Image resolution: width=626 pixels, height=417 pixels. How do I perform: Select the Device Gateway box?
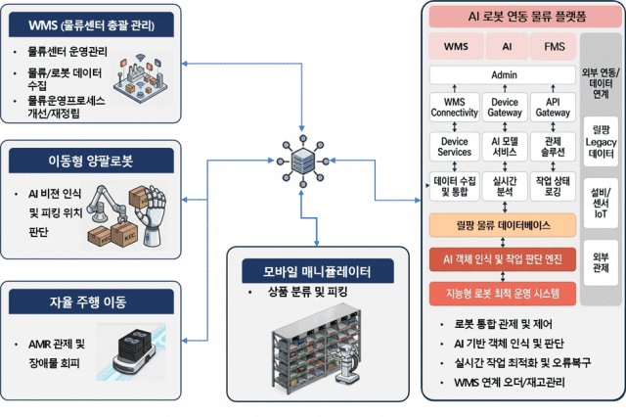click(x=505, y=107)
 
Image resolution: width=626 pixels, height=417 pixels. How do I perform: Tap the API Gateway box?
click(x=553, y=107)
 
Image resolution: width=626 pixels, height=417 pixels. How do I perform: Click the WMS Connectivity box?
click(x=454, y=107)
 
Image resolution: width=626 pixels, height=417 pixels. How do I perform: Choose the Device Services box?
click(x=454, y=147)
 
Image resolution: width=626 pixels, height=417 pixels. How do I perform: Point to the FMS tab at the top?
click(x=554, y=46)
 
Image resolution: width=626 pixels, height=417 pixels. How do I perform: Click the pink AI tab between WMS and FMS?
click(x=507, y=46)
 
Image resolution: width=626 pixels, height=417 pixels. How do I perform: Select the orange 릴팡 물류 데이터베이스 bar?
click(x=503, y=225)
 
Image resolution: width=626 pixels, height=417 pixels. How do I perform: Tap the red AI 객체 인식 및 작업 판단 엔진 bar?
click(x=503, y=259)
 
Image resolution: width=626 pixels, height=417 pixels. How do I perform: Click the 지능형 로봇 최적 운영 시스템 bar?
click(x=503, y=294)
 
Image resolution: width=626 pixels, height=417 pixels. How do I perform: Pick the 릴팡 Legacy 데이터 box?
click(x=601, y=141)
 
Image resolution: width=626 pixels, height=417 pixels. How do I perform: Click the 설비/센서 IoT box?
click(x=601, y=203)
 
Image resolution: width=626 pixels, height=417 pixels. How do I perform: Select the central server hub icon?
click(x=303, y=161)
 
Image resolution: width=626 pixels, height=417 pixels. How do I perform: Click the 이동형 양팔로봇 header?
click(x=91, y=161)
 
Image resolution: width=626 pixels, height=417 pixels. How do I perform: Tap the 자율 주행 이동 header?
click(x=91, y=301)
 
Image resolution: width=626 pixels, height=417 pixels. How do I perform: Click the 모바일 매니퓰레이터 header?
click(x=317, y=271)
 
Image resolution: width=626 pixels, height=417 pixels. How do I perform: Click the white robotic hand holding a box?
click(x=149, y=213)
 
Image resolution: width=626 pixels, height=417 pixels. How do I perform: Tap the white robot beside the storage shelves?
click(x=347, y=364)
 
